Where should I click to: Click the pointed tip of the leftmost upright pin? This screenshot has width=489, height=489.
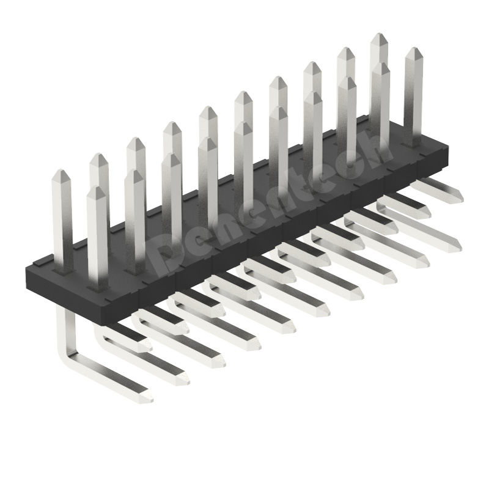61,172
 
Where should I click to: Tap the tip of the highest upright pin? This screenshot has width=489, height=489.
379,36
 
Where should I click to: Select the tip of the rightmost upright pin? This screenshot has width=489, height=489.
414,50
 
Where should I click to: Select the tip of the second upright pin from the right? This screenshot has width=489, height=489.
379,66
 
